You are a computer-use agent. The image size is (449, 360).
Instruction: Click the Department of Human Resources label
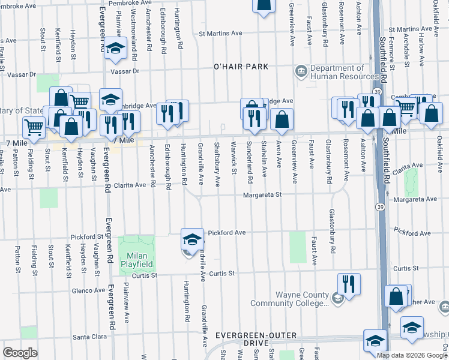[337, 73]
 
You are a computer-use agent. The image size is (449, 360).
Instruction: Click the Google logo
[20, 353]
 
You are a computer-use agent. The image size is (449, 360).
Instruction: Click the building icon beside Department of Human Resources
[300, 73]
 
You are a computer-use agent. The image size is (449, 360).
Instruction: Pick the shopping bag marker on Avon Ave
[282, 119]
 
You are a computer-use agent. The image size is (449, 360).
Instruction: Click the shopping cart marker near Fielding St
[34, 127]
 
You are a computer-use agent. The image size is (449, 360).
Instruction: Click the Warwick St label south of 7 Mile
[234, 164]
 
